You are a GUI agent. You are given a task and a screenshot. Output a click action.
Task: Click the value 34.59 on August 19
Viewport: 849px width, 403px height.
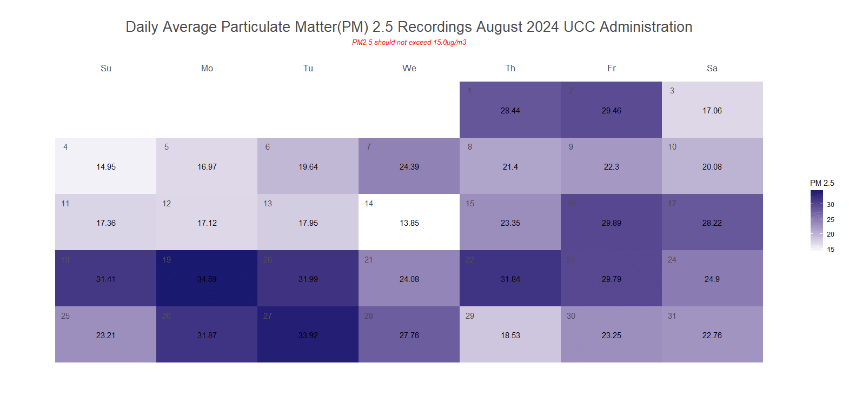tap(207, 279)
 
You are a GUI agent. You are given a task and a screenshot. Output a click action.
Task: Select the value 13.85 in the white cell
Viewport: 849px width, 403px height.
tap(409, 223)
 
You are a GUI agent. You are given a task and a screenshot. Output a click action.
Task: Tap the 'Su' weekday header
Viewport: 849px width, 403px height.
tap(106, 68)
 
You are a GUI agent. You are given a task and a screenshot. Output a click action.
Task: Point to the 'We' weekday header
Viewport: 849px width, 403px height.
tap(409, 68)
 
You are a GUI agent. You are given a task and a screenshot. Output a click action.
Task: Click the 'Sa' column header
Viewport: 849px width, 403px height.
tap(712, 68)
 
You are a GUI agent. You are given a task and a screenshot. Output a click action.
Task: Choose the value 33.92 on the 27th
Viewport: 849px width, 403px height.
tap(308, 335)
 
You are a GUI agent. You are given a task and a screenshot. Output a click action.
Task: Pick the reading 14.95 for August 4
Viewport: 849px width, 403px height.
tap(106, 167)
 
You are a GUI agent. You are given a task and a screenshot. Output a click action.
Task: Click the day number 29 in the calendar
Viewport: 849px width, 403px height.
tap(470, 316)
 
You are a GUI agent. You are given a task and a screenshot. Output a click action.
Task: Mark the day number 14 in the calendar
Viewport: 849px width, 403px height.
tap(369, 204)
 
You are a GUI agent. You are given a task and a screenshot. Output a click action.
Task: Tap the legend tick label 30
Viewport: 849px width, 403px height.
tap(831, 205)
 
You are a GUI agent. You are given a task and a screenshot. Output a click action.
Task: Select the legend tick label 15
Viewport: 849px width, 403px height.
tap(831, 250)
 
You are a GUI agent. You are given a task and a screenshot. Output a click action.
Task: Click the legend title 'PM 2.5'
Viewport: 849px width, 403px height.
tap(822, 183)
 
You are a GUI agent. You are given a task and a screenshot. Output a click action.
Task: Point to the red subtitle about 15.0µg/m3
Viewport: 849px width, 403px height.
tap(409, 43)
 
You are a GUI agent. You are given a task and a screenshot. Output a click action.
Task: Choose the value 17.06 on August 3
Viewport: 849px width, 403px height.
tap(712, 111)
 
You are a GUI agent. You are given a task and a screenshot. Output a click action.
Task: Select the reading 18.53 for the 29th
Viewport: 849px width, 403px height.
tap(510, 335)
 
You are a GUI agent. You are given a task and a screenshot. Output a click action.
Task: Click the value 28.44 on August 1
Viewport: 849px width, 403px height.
tap(510, 111)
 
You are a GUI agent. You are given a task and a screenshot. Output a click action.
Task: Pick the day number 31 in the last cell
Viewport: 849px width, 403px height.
tap(672, 316)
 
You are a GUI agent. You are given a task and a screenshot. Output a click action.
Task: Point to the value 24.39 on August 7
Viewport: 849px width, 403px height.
tap(409, 167)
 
